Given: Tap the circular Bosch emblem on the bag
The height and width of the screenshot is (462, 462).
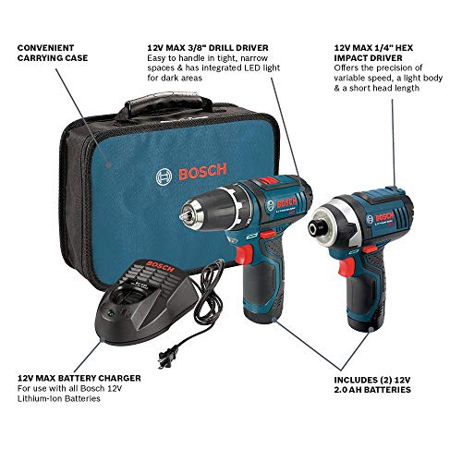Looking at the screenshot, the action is [x=164, y=177].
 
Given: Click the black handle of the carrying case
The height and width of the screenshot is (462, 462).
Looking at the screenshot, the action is [x=164, y=104].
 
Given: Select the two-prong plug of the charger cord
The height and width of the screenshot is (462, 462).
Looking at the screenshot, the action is [x=166, y=357].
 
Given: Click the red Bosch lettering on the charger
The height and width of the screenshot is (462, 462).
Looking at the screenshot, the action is [x=160, y=266].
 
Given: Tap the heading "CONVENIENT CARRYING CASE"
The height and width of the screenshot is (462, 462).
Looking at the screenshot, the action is [x=53, y=53].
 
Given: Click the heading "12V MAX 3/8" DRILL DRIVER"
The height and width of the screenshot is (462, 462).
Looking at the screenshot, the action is [x=208, y=48].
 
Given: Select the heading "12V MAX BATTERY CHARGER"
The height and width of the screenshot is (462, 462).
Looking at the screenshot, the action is [x=79, y=378].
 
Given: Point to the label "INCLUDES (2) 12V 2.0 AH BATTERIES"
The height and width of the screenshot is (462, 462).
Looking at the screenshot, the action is [x=372, y=384].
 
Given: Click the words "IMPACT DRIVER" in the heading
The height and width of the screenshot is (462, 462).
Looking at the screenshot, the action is [x=368, y=58].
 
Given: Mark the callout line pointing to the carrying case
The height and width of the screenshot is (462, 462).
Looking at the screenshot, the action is [x=82, y=116].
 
